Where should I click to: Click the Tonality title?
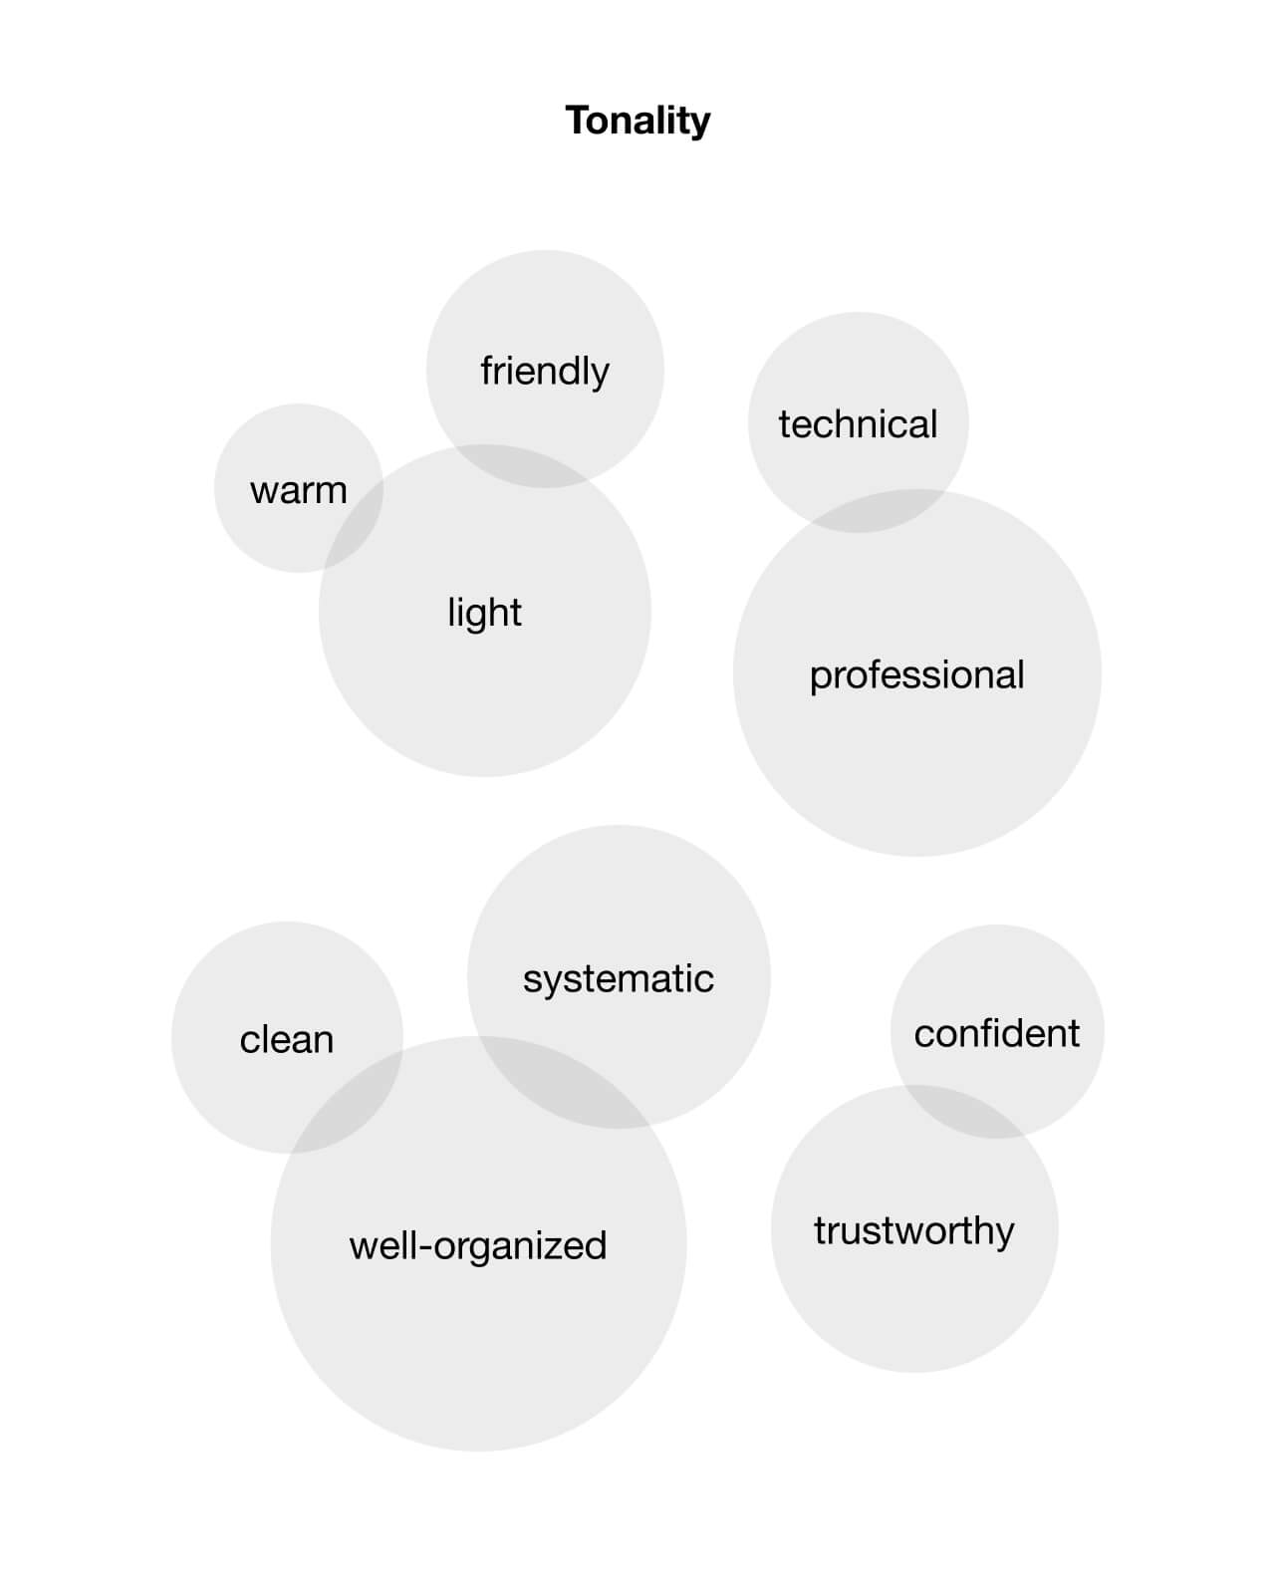[x=637, y=122]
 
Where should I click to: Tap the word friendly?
[x=545, y=371]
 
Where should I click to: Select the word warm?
[x=299, y=491]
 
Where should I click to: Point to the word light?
[x=484, y=613]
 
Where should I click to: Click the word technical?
[x=858, y=424]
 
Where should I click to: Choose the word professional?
[x=916, y=675]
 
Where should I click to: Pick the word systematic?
[x=619, y=979]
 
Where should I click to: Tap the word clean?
[x=287, y=1040]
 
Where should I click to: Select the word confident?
[x=996, y=1033]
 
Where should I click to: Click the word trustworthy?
[x=914, y=1231]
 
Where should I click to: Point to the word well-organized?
[x=478, y=1246]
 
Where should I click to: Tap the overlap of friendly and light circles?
[x=519, y=465]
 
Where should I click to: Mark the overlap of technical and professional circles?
[x=878, y=510]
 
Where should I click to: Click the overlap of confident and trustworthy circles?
[x=963, y=1111]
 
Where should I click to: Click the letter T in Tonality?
[x=579, y=120]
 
